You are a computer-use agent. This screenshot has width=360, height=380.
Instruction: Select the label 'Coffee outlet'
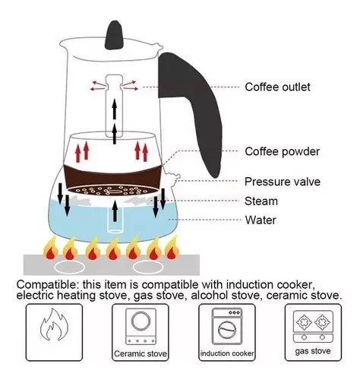pyautogui.click(x=277, y=87)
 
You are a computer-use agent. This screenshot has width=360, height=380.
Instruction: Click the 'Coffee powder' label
pyautogui.click(x=282, y=151)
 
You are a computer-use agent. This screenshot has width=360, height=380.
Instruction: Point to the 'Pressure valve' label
pyautogui.click(x=282, y=182)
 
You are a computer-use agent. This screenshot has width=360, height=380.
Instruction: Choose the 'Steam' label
pyautogui.click(x=261, y=201)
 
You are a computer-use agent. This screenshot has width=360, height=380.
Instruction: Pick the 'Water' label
pyautogui.click(x=260, y=221)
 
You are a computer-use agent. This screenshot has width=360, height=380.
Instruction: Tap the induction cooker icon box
pyautogui.click(x=226, y=332)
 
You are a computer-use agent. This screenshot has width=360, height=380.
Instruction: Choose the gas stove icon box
pyautogui.click(x=312, y=332)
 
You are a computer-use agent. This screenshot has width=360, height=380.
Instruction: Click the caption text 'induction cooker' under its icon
pyautogui.click(x=226, y=353)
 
